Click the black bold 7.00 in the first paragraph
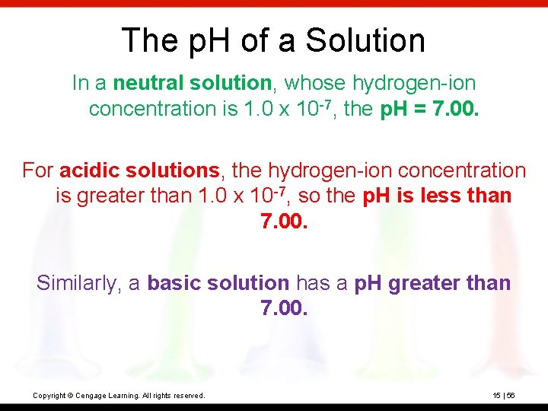coord(455,109)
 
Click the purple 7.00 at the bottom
coord(284,309)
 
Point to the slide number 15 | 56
coord(504,396)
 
